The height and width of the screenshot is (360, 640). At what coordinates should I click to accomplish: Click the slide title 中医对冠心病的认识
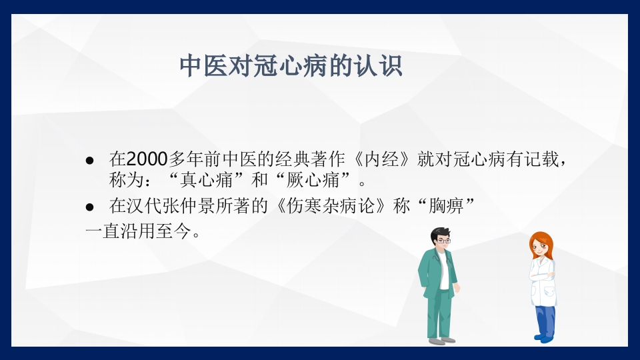[291, 66]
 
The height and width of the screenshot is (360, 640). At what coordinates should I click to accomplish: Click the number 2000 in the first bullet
[147, 159]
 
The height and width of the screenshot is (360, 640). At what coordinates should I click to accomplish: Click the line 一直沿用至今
[143, 232]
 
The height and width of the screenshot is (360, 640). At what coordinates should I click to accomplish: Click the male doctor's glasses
[443, 241]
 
